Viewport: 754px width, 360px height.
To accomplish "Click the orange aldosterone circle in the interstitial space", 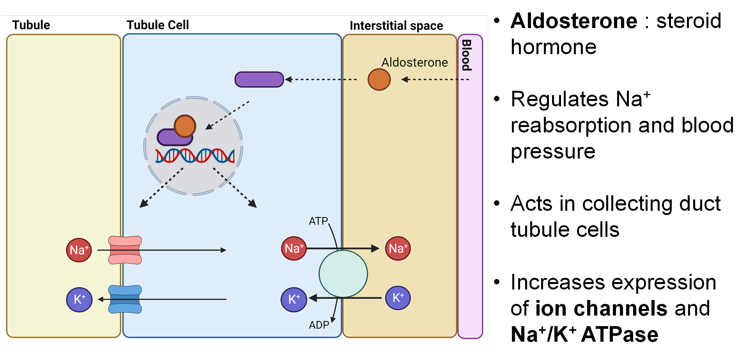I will [x=379, y=79].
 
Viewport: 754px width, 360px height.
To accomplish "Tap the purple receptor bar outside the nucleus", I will [x=259, y=79].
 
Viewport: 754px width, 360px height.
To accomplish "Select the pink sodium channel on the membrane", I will [x=125, y=250].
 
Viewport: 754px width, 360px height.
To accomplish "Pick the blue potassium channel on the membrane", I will [x=125, y=299].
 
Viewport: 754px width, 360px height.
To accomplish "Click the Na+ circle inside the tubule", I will [x=79, y=250].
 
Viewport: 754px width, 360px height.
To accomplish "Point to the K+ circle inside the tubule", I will [x=79, y=300].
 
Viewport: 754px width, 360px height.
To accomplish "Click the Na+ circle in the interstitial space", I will [x=398, y=248].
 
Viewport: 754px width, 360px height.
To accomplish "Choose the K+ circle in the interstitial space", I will [x=398, y=298].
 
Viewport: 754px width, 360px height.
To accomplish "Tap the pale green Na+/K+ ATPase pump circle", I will [x=343, y=274].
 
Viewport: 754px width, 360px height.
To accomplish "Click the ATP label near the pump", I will [x=318, y=221].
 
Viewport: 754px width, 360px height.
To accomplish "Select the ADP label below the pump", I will [x=319, y=325].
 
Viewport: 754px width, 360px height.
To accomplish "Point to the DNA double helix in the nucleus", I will [x=195, y=156].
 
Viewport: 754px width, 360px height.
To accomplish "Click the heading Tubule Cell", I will [x=158, y=25].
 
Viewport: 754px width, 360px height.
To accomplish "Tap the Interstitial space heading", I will [x=396, y=26].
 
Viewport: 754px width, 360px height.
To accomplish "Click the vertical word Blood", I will [x=467, y=55].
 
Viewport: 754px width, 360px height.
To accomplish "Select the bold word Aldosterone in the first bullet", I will [x=574, y=21].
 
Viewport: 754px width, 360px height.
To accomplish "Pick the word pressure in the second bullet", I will [x=553, y=151].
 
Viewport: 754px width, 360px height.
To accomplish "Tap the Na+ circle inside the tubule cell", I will [x=294, y=248].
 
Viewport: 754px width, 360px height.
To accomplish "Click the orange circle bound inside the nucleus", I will [x=185, y=126].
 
